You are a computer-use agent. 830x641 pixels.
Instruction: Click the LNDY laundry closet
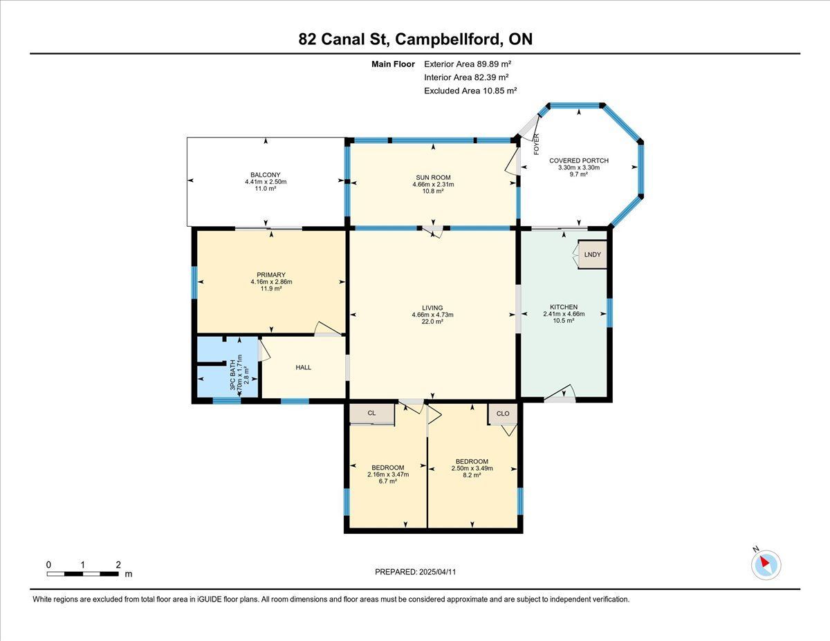(593, 254)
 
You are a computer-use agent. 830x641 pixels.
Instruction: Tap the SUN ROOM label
(433, 178)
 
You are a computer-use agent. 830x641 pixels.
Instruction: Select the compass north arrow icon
(766, 565)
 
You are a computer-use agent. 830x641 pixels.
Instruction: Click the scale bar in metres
(82, 574)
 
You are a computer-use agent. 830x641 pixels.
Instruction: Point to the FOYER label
(536, 145)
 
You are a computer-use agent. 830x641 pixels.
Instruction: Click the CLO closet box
(503, 414)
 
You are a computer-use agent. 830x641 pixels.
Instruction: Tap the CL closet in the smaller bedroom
(371, 413)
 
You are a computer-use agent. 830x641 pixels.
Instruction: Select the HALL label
(303, 367)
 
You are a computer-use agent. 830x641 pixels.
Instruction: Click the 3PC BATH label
(232, 375)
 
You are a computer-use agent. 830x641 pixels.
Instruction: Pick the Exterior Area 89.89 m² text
(468, 64)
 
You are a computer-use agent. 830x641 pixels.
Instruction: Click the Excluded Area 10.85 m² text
(470, 91)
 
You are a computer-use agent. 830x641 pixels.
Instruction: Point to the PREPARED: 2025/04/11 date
(415, 572)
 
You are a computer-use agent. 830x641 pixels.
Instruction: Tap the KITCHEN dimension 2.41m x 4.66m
(564, 314)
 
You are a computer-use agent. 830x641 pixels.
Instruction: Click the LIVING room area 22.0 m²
(432, 322)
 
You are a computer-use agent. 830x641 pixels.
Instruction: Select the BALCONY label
(266, 175)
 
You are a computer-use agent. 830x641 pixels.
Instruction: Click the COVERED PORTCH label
(579, 160)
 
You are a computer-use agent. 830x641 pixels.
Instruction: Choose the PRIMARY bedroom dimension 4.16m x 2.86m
(271, 281)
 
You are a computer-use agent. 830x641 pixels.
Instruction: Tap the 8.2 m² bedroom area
(472, 475)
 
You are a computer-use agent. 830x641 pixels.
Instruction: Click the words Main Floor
(393, 64)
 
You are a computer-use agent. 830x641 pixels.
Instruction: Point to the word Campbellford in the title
(448, 39)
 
